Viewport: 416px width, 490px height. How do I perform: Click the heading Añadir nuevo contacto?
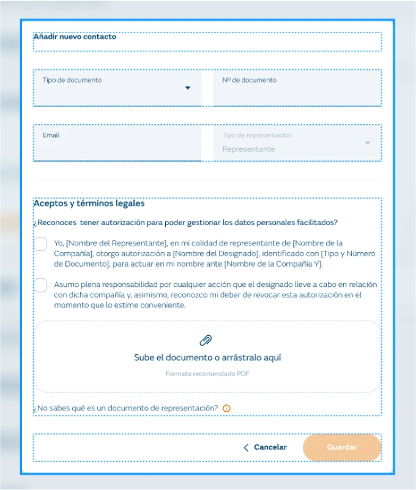(x=75, y=37)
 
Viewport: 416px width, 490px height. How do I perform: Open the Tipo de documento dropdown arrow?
(x=188, y=88)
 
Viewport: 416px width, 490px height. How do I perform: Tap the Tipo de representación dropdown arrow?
(x=367, y=143)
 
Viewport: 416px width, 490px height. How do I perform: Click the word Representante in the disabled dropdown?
(x=248, y=149)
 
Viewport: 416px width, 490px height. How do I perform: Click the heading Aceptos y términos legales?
(x=89, y=204)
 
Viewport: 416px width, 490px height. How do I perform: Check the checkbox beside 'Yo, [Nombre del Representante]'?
(x=40, y=245)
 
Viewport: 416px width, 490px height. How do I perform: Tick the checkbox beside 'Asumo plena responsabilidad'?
(x=40, y=286)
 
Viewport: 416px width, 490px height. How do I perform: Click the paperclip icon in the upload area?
(x=206, y=341)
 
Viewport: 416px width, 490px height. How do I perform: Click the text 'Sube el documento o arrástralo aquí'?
(x=207, y=358)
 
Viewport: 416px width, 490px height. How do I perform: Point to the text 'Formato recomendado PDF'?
(x=207, y=374)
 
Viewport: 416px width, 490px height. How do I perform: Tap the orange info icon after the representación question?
(x=226, y=408)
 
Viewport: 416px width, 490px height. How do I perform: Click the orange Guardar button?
(x=341, y=447)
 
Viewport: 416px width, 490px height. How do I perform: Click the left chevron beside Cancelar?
(x=246, y=447)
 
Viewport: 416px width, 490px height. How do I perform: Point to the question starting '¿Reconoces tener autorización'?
(x=185, y=223)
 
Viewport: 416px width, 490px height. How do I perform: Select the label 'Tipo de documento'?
(x=72, y=80)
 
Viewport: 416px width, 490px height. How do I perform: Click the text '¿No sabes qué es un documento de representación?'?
(x=126, y=408)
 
